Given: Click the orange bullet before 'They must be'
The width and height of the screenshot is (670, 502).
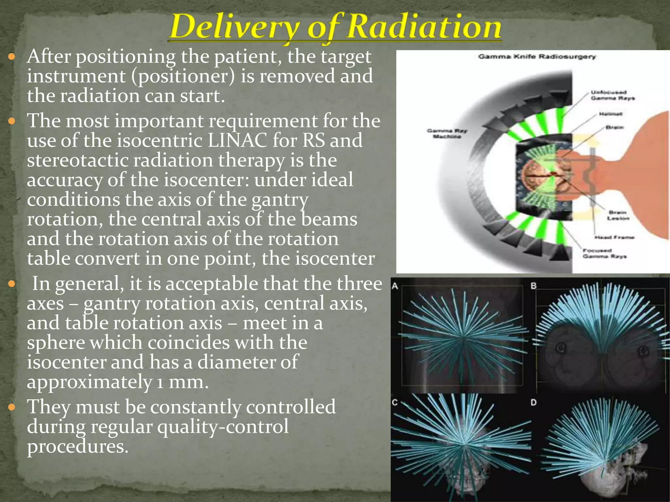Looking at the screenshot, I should pos(12,407).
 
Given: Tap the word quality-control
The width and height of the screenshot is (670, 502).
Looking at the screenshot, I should pos(222,427).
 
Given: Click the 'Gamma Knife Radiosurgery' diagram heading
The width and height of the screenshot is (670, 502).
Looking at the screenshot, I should pos(537,57).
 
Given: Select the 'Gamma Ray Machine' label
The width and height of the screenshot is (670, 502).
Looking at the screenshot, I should pos(447,133).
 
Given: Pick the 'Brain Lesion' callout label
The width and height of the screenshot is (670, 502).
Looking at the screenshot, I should pos(618,215).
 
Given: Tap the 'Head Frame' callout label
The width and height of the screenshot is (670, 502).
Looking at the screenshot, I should pos(614,237).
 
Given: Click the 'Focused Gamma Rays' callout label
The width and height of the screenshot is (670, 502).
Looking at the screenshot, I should pos(604,253).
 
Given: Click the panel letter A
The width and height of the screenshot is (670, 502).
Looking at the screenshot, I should pos(395,286).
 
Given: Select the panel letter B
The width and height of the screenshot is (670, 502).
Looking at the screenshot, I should pos(534,286).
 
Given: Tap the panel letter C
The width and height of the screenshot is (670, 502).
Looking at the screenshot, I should pos(395,402).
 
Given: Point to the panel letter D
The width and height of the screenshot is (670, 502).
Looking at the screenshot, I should pos(534,402).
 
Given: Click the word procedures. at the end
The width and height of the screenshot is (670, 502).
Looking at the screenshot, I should pos(78,446).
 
